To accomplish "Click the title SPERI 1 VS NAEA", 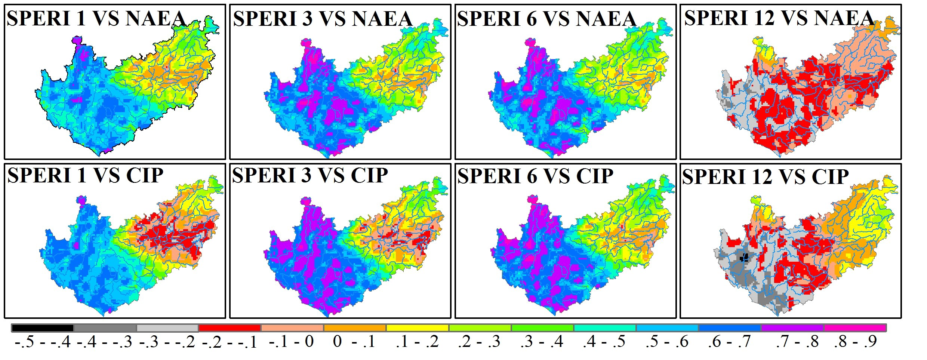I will click(x=96, y=19).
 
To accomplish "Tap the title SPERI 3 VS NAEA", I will click(x=323, y=19).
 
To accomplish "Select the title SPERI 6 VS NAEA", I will click(x=546, y=19).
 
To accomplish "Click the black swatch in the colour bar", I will click(x=43, y=328).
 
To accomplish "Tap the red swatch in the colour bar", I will click(x=230, y=328).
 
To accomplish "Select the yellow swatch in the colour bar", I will click(x=417, y=328).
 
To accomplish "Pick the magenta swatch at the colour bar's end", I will click(x=854, y=328).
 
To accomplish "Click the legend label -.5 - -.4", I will click(x=43, y=342).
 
